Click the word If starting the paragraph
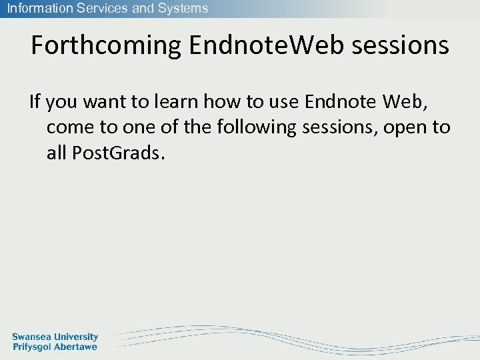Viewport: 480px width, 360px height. point(35,102)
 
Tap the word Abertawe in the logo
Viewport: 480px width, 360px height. point(75,347)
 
